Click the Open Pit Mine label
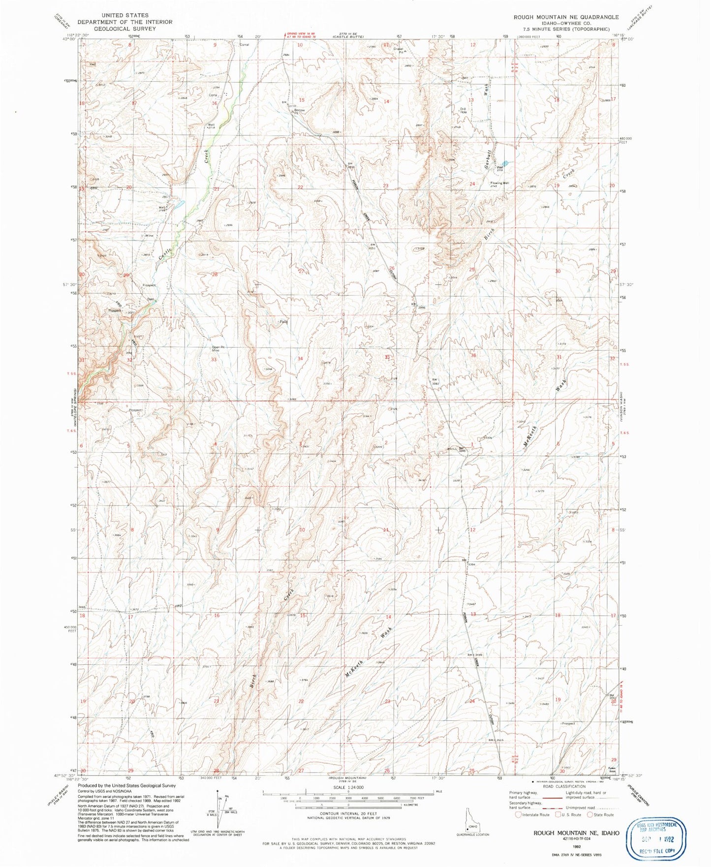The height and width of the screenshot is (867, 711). point(218,349)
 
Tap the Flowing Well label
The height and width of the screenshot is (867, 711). point(499,183)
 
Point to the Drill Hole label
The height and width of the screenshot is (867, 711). point(463,110)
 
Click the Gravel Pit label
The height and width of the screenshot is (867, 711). point(398,50)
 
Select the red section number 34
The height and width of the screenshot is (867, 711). point(300,358)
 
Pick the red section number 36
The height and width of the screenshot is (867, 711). point(473,355)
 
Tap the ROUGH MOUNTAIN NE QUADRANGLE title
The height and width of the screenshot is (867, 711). point(566,17)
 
